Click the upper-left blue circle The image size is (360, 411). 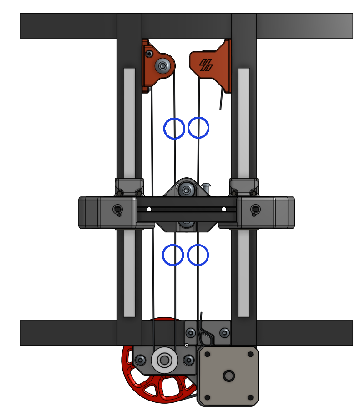tap(174, 128)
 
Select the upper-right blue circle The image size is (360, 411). tap(198, 128)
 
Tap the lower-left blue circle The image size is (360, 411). tap(173, 255)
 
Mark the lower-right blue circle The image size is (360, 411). tap(198, 255)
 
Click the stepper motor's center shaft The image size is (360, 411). tap(228, 376)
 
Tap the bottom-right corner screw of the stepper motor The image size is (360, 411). tap(250, 397)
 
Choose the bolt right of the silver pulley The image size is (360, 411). tap(188, 361)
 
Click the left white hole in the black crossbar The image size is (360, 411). tap(149, 210)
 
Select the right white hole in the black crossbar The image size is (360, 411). tap(223, 210)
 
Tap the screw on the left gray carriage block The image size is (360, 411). tap(117, 210)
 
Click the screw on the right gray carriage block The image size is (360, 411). tap(255, 210)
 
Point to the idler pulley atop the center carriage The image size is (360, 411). tap(186, 189)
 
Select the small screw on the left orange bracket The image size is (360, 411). tap(149, 54)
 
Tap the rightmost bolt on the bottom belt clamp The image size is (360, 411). tap(224, 333)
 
